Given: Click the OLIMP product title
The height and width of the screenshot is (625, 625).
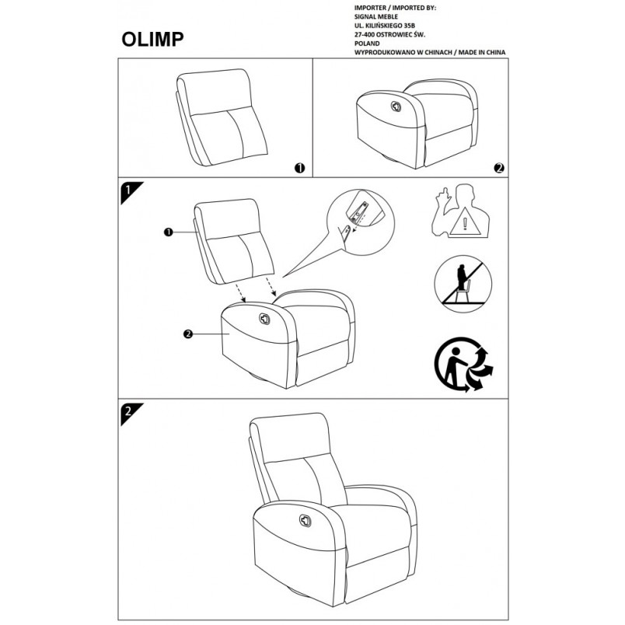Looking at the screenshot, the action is click(152, 39).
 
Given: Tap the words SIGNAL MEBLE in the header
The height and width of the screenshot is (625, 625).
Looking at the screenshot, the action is click(376, 17).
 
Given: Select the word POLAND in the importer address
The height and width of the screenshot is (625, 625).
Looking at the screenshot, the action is click(367, 44).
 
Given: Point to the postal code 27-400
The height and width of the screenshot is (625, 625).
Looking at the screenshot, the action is click(365, 35).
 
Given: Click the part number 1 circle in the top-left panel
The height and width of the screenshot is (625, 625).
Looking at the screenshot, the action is click(299, 168).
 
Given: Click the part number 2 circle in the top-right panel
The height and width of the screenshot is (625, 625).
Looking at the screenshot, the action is click(499, 168).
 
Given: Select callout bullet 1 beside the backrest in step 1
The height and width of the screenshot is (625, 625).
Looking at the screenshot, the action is click(168, 232).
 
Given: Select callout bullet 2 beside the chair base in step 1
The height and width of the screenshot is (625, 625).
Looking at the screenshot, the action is click(188, 334).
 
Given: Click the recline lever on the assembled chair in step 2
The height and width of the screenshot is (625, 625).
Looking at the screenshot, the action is click(306, 520).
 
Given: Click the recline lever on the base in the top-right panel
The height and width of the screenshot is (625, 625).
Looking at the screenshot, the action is click(396, 106).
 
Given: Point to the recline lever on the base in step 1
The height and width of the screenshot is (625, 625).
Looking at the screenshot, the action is click(264, 319).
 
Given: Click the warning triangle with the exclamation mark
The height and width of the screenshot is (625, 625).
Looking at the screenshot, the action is click(465, 223).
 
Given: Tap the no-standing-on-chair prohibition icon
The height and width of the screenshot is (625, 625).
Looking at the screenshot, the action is click(463, 285).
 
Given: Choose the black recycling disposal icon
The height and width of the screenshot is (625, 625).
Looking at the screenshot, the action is click(463, 365).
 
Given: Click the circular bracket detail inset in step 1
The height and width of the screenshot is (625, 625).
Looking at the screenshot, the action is click(361, 222).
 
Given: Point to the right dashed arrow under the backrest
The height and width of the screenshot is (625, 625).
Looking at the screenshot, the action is click(271, 287).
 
